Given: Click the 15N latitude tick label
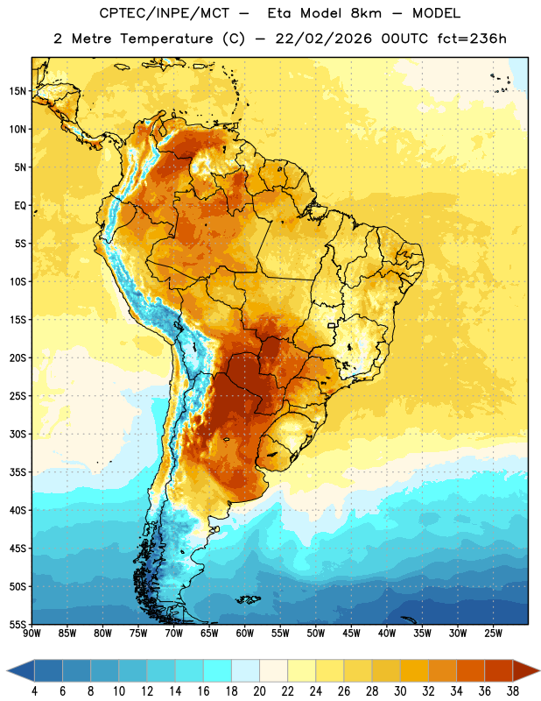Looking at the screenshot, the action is pos(18,91).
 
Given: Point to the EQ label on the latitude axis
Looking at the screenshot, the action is pos(20,206).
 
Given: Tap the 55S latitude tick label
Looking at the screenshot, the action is pos(18,625).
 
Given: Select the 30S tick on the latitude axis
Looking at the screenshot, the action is pos(18,434).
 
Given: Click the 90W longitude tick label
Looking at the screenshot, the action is pos(32,634).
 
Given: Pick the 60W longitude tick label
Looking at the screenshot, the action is pos(245,634).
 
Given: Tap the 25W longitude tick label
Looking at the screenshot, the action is pos(493,634).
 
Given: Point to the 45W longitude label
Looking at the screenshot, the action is pos(351,634).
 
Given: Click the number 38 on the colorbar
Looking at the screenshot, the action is pos(513,691).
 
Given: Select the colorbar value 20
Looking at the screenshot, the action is pos(259,691).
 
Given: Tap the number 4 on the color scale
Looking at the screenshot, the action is pos(34,691).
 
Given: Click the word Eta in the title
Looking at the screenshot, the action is pos(279,13).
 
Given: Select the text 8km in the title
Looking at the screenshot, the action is pos(366,13).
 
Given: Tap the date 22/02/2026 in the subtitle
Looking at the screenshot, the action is pos(323,39).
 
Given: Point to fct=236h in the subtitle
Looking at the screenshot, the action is pos(472,39).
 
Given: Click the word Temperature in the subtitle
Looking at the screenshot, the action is pos(166,39).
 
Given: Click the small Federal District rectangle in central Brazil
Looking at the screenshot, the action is pos(332,326).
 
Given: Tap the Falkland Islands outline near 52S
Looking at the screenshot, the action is pos(248,599).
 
